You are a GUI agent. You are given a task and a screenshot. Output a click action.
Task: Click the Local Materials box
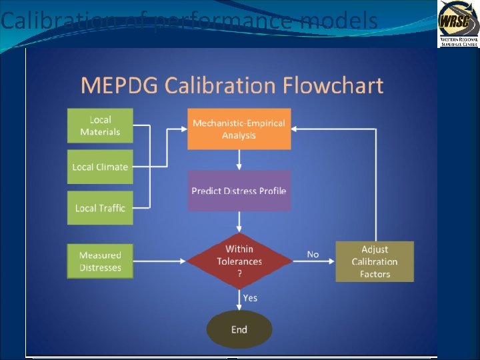[x=100, y=125]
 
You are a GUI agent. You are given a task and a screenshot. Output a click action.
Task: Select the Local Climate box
[x=100, y=167]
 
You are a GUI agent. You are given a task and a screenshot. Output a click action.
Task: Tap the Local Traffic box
[x=100, y=208]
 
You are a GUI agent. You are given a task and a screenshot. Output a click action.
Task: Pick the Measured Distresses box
[x=100, y=261]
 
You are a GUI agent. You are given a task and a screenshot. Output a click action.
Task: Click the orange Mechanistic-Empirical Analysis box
[x=239, y=129]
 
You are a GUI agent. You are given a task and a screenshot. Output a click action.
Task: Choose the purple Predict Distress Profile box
[x=239, y=191]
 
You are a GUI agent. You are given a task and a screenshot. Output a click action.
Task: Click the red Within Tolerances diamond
[x=239, y=261]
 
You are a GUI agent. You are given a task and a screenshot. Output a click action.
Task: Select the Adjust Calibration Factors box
[x=375, y=261]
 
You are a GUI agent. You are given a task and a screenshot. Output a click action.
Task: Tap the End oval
[x=239, y=329]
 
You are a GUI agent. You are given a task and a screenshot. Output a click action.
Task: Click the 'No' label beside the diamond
[x=313, y=254]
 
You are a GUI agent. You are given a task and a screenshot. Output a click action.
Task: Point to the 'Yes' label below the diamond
[x=250, y=298]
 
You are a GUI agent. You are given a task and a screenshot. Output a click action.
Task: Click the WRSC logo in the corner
[x=457, y=23]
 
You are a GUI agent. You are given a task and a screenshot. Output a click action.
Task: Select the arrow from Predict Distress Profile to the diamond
[x=239, y=223]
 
